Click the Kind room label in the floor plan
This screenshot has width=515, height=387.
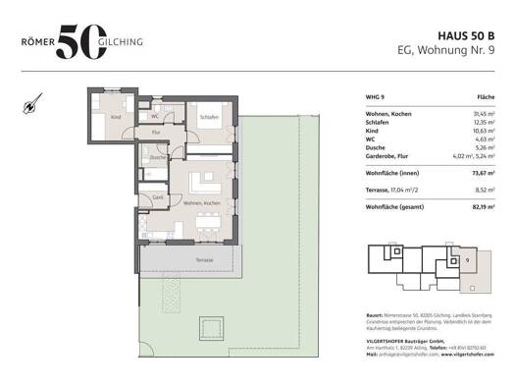tap(116, 116)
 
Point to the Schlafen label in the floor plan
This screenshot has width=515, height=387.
tap(208, 116)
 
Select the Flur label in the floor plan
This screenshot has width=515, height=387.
tap(157, 129)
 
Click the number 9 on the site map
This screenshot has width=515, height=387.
tap(468, 260)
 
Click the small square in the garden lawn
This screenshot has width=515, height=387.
tap(209, 325)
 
